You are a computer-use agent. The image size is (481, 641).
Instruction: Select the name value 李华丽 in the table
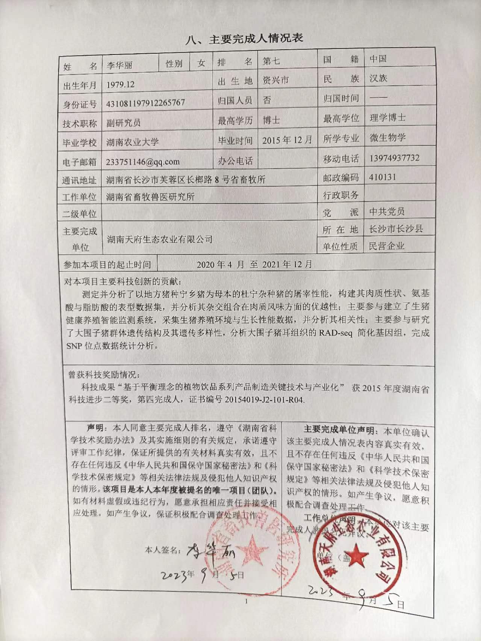pyautogui.click(x=119, y=65)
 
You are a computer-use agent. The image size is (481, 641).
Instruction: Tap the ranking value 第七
pyautogui.click(x=271, y=61)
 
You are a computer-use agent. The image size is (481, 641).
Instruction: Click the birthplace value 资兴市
pyautogui.click(x=275, y=80)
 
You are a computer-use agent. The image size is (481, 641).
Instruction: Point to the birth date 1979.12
pyautogui.click(x=120, y=85)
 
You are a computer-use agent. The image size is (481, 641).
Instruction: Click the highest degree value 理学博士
pyautogui.click(x=387, y=118)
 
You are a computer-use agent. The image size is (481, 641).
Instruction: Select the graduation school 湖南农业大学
pyautogui.click(x=132, y=142)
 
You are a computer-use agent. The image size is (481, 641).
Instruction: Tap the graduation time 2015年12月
pyautogui.click(x=287, y=140)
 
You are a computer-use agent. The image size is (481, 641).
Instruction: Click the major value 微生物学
pyautogui.click(x=387, y=138)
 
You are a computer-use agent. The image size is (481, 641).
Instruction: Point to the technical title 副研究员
pyautogui.click(x=124, y=122)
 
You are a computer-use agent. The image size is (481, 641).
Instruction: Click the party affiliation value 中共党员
pyautogui.click(x=387, y=212)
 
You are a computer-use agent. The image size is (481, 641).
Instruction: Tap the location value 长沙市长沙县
pyautogui.click(x=396, y=228)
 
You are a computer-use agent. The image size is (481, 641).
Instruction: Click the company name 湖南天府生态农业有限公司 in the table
pyautogui.click(x=159, y=239)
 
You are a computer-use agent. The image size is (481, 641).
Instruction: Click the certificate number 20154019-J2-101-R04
pyautogui.click(x=264, y=399)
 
